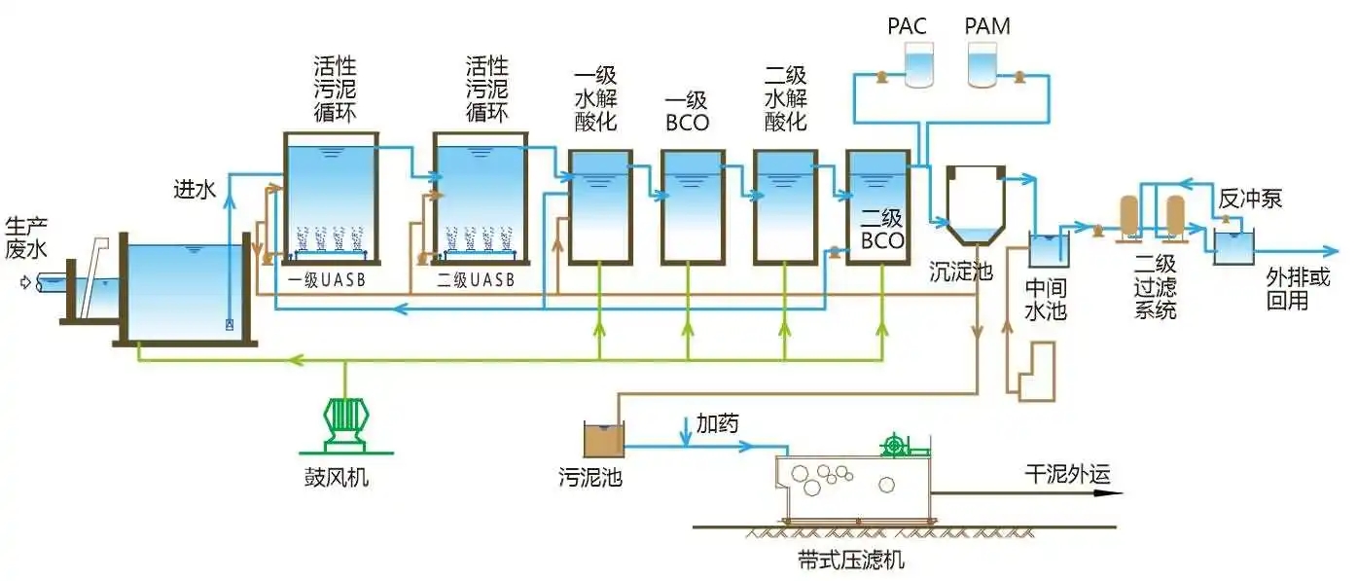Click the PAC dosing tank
917,64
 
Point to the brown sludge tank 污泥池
602,440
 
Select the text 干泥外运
1067,474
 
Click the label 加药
717,423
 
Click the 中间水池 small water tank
1050,250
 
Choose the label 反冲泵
1250,200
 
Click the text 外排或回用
1298,289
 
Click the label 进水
195,188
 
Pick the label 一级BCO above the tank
687,112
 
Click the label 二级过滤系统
1155,287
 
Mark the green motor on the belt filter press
894,447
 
